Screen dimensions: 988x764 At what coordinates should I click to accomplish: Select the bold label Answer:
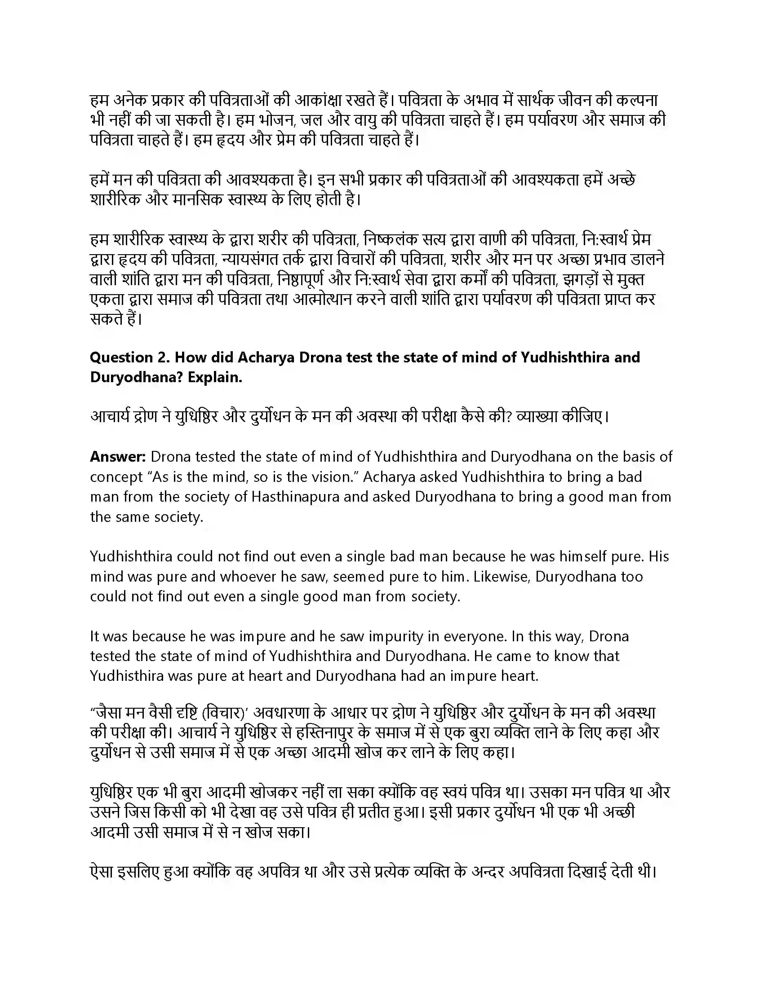(118, 456)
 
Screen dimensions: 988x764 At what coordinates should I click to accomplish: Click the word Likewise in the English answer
(498, 576)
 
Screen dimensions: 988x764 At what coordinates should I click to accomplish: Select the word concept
(116, 477)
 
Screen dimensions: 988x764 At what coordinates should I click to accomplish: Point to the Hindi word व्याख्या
(537, 416)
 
